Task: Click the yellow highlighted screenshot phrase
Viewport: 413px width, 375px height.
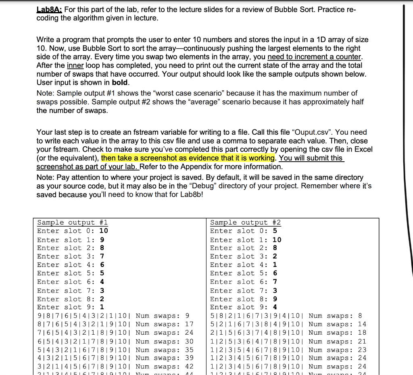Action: click(x=188, y=158)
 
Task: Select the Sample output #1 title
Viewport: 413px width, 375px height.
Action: click(x=73, y=223)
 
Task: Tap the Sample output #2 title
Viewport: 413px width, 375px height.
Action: click(x=246, y=223)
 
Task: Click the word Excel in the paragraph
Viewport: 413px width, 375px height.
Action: click(x=363, y=149)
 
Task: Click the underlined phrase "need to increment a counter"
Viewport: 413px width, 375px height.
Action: click(x=315, y=57)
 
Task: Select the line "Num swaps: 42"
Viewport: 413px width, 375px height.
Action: click(x=165, y=367)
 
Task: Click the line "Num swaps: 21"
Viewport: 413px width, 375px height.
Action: click(x=337, y=341)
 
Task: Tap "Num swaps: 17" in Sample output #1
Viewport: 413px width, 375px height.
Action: click(x=165, y=324)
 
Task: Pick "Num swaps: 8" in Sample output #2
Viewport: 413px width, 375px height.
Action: click(x=335, y=316)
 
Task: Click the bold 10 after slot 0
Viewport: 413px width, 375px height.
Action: click(x=104, y=231)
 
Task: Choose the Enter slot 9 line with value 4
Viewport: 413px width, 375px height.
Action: click(x=244, y=307)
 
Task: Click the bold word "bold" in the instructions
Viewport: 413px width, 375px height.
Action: click(x=120, y=83)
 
